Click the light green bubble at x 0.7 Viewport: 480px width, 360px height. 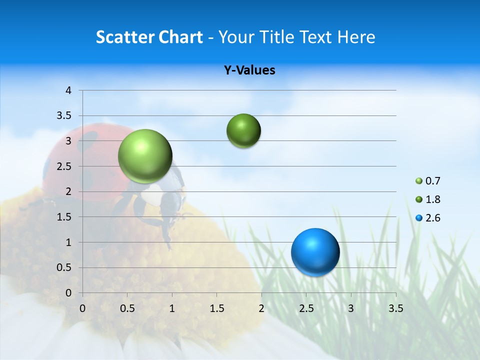click(x=145, y=156)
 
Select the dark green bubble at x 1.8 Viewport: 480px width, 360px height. click(x=243, y=131)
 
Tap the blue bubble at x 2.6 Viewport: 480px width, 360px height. click(x=315, y=252)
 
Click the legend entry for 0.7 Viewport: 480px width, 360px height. click(x=428, y=181)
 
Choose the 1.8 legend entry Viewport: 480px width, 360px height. click(x=428, y=199)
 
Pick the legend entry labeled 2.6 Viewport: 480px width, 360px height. click(x=428, y=218)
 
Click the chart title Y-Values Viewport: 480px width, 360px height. click(x=249, y=70)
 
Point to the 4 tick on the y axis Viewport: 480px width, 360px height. click(x=68, y=90)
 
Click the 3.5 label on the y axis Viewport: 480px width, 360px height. click(x=64, y=116)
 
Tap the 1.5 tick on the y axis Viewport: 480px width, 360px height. click(x=64, y=217)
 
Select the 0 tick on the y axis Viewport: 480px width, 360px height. click(x=68, y=293)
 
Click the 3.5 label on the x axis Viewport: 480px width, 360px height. click(x=395, y=308)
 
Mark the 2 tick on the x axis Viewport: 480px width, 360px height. click(x=261, y=308)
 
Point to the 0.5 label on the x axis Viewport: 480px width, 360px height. click(x=127, y=308)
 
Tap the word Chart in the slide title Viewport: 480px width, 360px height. click(x=180, y=37)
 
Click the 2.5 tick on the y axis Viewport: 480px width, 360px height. click(x=64, y=166)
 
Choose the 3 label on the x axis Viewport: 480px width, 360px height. click(x=351, y=308)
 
